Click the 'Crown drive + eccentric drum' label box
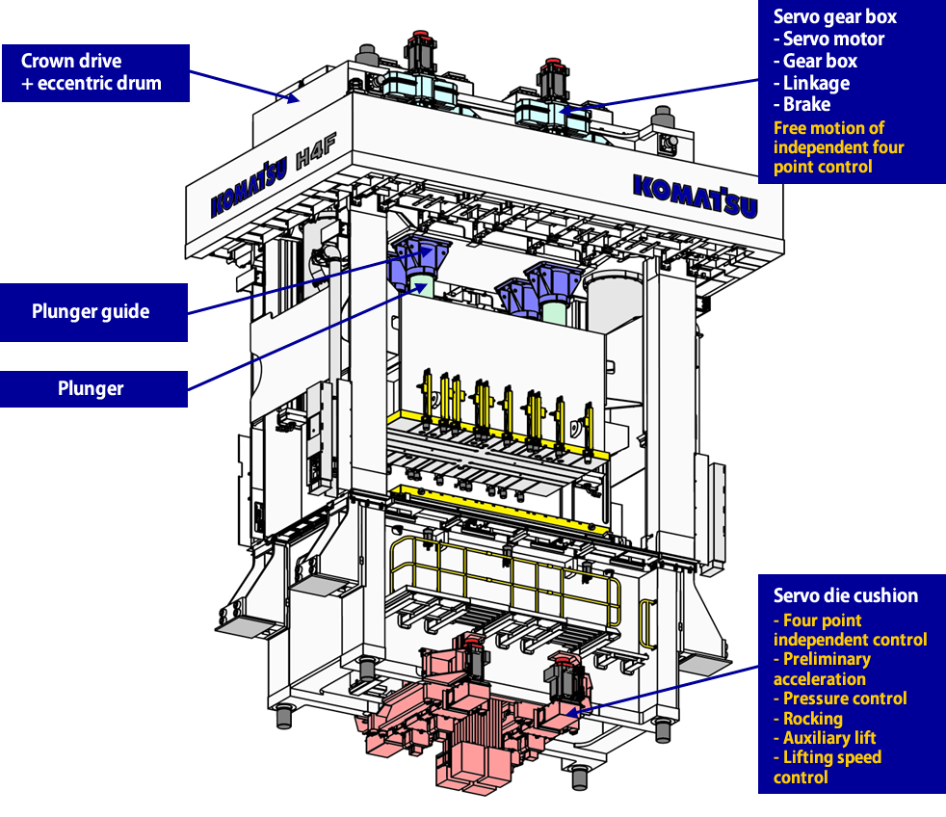coord(94,72)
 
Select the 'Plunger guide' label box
coord(93,311)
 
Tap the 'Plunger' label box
coord(93,389)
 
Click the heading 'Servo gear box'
coord(835,16)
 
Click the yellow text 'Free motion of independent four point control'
coord(838,147)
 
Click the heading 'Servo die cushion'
coord(846,595)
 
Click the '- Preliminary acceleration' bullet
coord(822,669)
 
